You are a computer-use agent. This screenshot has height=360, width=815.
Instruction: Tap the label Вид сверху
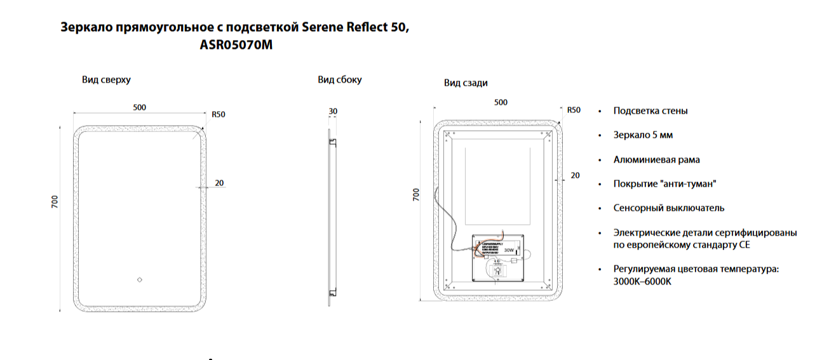point(106,80)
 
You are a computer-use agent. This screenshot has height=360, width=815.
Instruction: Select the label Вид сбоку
point(340,80)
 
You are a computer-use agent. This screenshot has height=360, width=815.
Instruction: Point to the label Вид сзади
point(466,83)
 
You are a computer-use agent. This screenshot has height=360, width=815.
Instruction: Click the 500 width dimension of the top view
point(140,107)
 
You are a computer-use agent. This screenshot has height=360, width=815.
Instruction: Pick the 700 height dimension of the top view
point(55,203)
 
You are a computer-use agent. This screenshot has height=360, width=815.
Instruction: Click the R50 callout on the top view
point(219,115)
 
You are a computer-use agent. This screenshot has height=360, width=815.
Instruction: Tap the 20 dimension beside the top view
point(219,183)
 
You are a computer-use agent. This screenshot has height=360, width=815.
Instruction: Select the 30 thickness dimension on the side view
point(333,112)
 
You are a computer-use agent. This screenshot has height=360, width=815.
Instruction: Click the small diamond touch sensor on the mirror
point(140,279)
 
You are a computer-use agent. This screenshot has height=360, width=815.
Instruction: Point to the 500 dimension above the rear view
point(501,102)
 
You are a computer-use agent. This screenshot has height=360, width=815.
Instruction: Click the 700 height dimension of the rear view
point(417,195)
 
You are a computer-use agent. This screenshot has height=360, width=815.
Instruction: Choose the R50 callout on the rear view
point(574,110)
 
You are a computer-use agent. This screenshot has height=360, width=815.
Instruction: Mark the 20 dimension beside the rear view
point(575,175)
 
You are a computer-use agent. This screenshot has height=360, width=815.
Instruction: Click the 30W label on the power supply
point(509,251)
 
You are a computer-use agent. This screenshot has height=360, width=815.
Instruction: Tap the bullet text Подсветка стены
point(650,111)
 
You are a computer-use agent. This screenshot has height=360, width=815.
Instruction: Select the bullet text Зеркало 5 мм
point(643,135)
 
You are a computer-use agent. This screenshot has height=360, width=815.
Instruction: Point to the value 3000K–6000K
point(642,281)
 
